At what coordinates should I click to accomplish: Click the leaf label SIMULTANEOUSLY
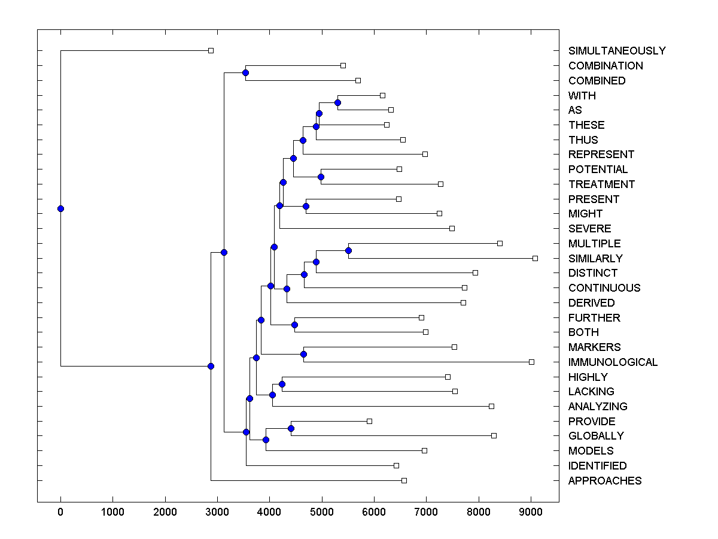point(617,51)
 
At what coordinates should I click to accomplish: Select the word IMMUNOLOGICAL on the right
point(613,362)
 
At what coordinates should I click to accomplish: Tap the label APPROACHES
point(605,481)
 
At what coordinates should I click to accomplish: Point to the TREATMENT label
point(601,184)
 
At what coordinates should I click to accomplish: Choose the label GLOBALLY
point(596,436)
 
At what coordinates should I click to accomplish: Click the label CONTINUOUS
point(604,288)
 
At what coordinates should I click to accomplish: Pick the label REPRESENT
point(601,155)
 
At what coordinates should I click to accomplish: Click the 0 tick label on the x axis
point(60,513)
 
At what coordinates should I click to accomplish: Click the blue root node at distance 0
point(60,208)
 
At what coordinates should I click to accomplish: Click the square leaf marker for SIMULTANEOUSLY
point(211,50)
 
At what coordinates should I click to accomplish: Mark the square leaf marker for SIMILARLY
point(535,258)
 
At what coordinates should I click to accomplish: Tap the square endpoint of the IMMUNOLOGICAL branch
point(531,362)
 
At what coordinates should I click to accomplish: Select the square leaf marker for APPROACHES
point(404,480)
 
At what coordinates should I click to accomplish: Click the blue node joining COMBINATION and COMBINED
point(245,72)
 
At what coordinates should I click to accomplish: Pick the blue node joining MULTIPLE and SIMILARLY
point(349,251)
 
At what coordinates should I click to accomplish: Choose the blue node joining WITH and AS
point(337,102)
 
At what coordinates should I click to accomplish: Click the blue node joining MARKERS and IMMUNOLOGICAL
point(303,355)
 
